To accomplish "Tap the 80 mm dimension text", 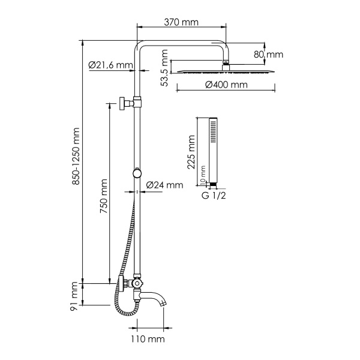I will coord(268,54).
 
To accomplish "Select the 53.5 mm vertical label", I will coord(164,68).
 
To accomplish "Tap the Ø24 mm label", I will coord(164,185).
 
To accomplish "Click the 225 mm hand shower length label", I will coord(191,153).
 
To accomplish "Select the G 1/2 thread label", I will coord(214,195).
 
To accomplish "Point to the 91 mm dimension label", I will coord(76,297).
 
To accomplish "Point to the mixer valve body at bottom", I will coord(137,285).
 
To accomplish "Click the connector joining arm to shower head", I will coord(226,62).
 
